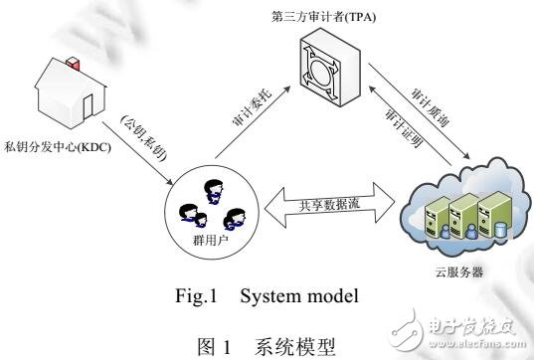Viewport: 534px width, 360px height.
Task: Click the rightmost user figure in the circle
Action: tap(235, 216)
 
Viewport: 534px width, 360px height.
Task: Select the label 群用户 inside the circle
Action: tap(208, 241)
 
